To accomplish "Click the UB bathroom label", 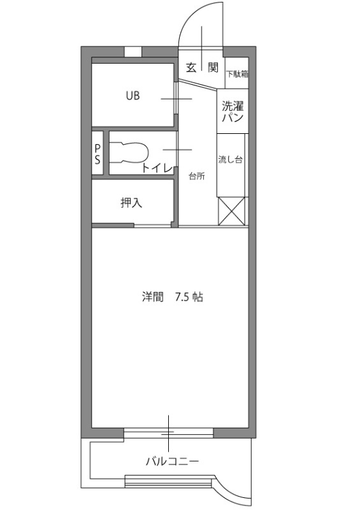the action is pos(133,96).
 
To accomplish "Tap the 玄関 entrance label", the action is pos(201,68).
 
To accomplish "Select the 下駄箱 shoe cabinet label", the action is pos(238,74).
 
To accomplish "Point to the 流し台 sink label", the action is pos(230,160).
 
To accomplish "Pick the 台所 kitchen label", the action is pos(197,177).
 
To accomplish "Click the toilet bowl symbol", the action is pos(129,152).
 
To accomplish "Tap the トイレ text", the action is pos(157,168).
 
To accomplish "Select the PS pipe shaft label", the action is pos(97,154).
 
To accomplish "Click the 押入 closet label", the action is pos(131,203).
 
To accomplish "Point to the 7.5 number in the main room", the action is pos(182,297).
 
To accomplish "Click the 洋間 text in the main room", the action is pos(152,297).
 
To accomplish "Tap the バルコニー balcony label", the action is pos(172,462).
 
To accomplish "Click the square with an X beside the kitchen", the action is pos(231,211).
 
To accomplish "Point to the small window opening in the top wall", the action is pos(133,52).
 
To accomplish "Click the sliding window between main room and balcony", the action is pos(168,433).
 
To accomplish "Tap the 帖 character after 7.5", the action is pos(198,297).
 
